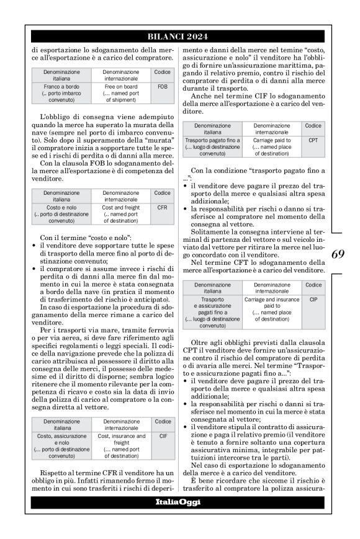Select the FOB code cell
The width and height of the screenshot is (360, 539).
[x=163, y=87]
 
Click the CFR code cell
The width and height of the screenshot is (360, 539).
[x=163, y=208]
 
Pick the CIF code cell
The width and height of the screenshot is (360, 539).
[x=163, y=437]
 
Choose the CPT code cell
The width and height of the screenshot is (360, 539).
[x=313, y=141]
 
